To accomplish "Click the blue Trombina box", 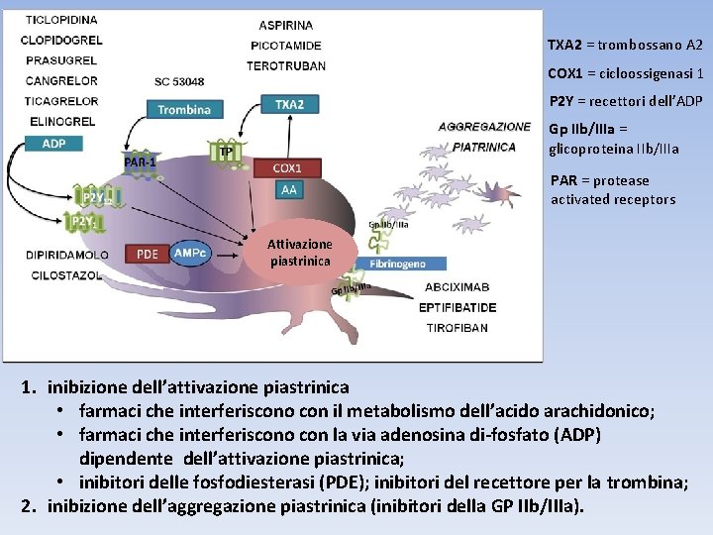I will [184, 109].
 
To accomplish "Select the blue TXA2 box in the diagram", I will [289, 104].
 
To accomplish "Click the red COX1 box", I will [288, 168].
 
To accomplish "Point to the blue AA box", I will [288, 188].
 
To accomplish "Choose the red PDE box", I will [148, 254].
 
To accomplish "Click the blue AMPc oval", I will [190, 253].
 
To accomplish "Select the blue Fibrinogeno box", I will [398, 265].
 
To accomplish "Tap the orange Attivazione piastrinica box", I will [299, 253].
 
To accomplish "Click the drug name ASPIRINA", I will [286, 25].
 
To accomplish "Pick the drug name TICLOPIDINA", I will [61, 20].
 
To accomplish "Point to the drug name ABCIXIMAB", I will [457, 287].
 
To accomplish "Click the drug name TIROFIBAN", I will [457, 328].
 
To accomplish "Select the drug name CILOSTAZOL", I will [64, 275].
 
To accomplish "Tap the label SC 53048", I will [179, 81].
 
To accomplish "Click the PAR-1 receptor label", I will [140, 161].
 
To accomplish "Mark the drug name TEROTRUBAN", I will [286, 65].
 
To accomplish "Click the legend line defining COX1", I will [625, 73].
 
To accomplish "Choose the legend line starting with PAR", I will [613, 189].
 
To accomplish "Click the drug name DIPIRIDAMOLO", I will [67, 255].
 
